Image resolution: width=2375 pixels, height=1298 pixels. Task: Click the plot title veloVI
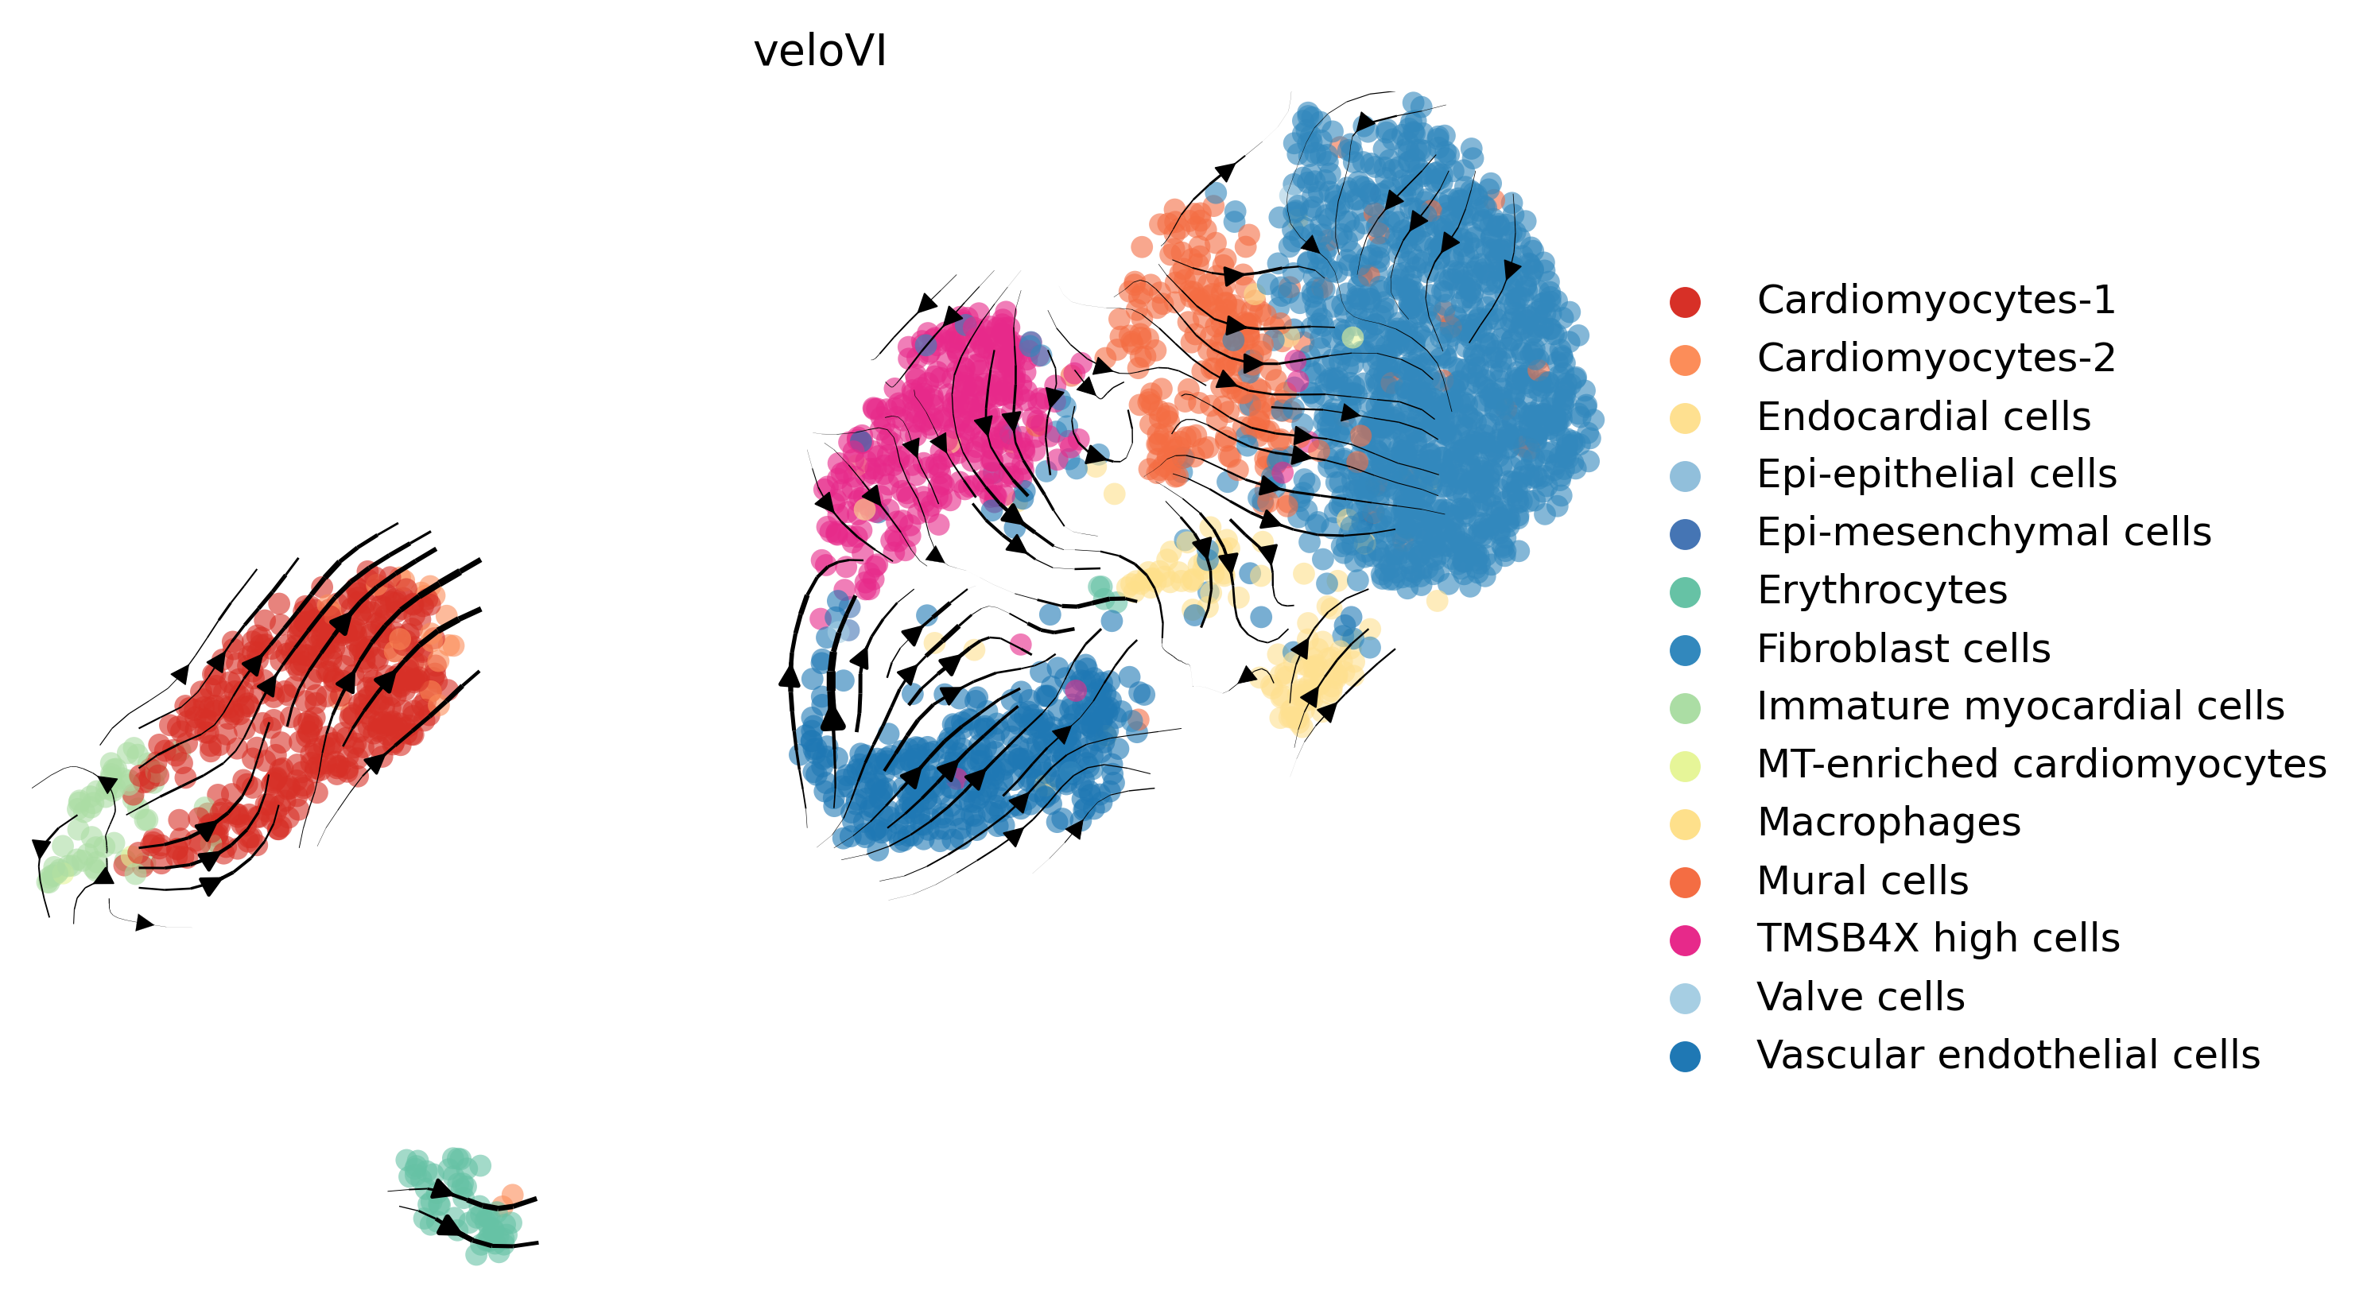(x=820, y=51)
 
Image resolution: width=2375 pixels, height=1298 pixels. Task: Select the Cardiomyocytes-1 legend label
(x=1936, y=300)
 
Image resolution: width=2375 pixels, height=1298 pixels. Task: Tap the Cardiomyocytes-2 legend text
(x=1936, y=358)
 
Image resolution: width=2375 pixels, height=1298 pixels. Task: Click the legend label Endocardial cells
(x=1923, y=417)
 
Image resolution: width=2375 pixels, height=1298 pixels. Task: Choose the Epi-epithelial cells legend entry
(x=1937, y=475)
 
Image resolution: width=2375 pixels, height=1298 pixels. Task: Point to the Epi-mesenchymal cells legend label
(x=1984, y=533)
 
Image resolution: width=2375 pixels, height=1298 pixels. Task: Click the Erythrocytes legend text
(x=1882, y=591)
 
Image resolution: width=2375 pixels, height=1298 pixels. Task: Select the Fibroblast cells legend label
(x=1903, y=649)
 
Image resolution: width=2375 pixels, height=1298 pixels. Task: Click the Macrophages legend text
(x=1889, y=823)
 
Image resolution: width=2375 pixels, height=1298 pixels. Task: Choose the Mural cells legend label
(x=1862, y=881)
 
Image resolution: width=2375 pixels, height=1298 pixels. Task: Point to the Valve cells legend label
(x=1861, y=998)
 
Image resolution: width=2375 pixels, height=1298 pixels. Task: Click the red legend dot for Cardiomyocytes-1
(x=1686, y=302)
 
